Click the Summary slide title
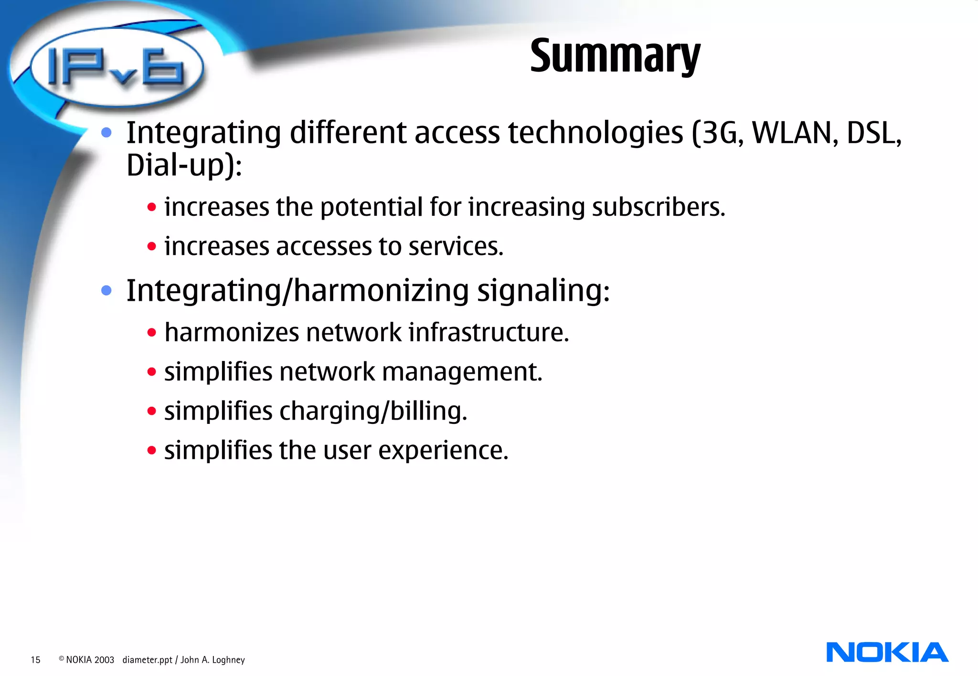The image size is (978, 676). [615, 56]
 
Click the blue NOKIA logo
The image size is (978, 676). [887, 653]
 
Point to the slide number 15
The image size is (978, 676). [35, 660]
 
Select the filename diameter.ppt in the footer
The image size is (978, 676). [147, 660]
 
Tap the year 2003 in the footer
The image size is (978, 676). [104, 660]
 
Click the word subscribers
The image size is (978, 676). [658, 208]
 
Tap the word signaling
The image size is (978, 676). [543, 291]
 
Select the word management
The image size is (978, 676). [462, 372]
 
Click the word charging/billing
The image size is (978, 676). [372, 412]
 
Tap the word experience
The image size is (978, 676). [443, 451]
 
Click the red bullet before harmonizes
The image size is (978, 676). [152, 333]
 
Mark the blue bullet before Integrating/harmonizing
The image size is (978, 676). [106, 290]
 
